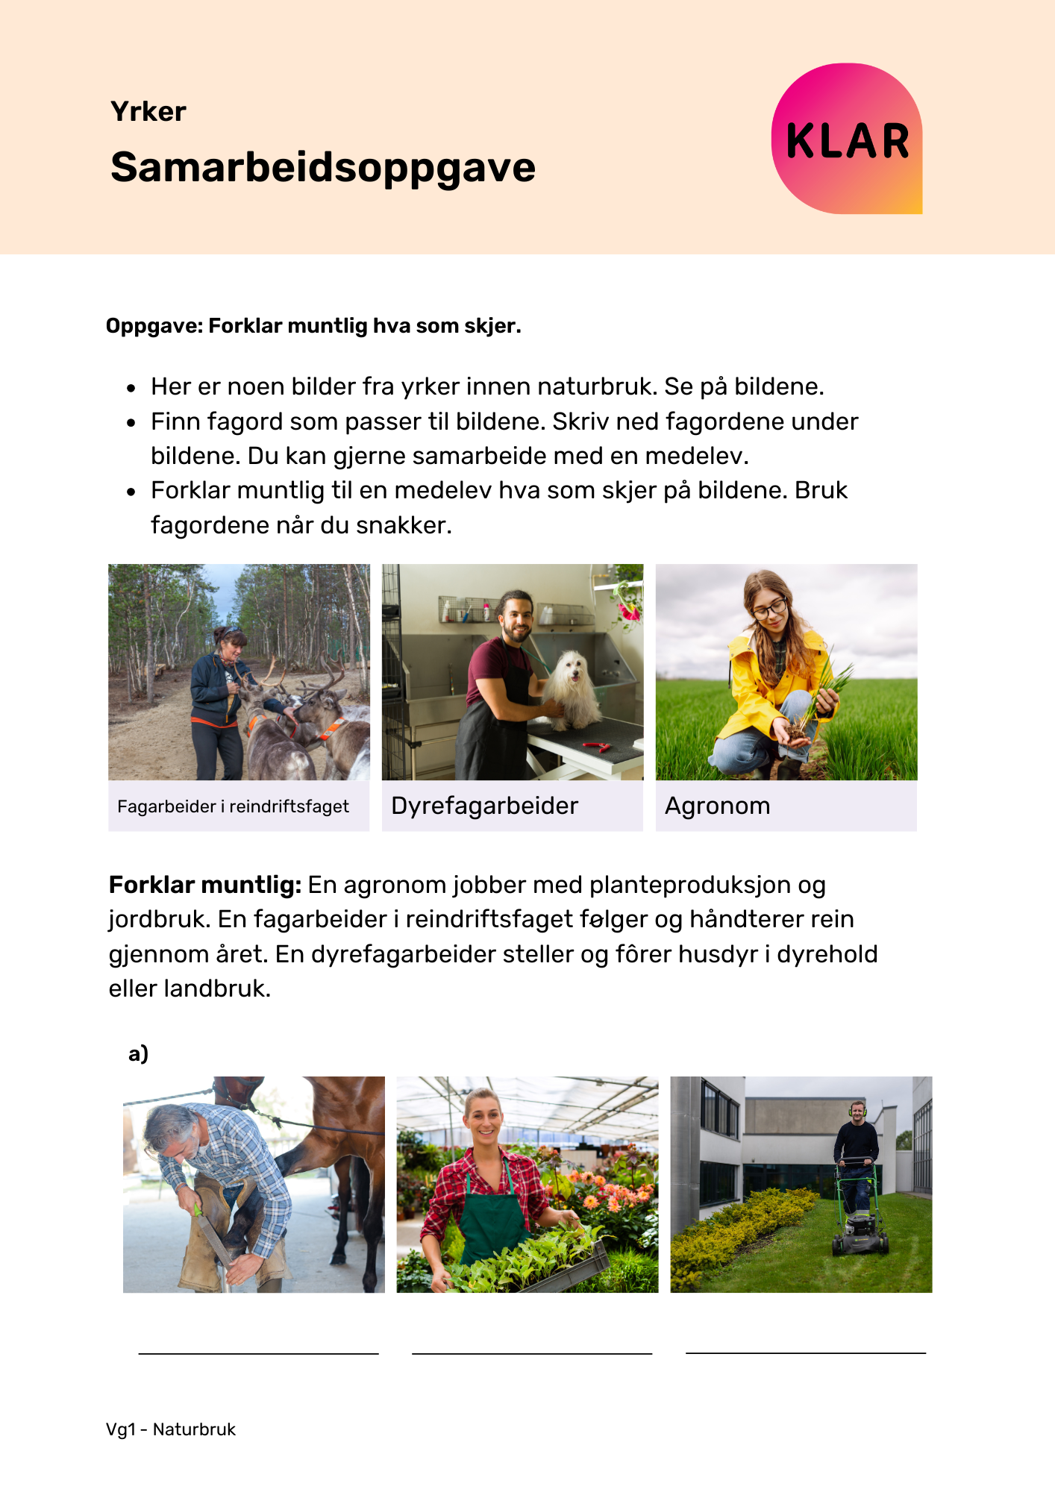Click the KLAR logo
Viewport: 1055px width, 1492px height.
[847, 140]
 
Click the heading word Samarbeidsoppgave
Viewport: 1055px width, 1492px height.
[322, 167]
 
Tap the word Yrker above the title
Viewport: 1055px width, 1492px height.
[148, 112]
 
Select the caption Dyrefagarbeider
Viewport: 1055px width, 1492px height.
[484, 806]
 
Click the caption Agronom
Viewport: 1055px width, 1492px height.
[717, 806]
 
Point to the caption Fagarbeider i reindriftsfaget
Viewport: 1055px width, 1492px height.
[233, 806]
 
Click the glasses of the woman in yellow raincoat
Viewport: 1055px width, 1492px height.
[768, 609]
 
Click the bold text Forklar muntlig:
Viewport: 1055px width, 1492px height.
[204, 885]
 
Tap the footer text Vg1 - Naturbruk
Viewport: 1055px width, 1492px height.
[171, 1429]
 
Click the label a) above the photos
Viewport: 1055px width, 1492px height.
[138, 1053]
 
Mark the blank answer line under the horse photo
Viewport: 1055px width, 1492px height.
[258, 1352]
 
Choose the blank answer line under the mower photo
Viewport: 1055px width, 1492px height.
[805, 1352]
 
